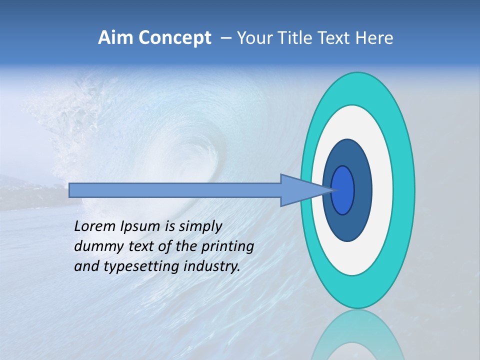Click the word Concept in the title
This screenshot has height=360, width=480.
click(x=175, y=38)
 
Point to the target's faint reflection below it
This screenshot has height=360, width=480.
click(x=357, y=335)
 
